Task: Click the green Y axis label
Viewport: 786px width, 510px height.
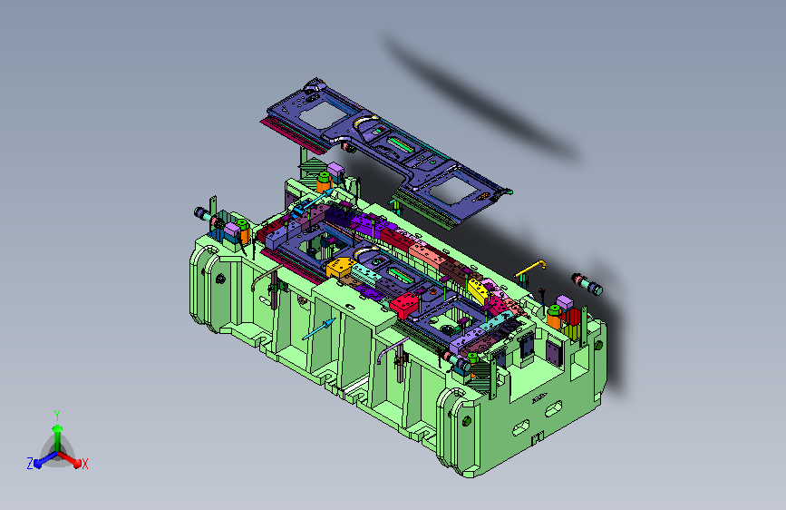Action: (57, 415)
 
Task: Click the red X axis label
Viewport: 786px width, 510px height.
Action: (84, 464)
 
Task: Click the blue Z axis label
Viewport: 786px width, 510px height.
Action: (30, 464)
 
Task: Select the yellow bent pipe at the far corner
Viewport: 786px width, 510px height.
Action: (529, 269)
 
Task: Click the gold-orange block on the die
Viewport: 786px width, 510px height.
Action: (340, 266)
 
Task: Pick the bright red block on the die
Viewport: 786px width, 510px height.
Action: (404, 305)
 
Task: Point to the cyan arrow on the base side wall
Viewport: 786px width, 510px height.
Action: (319, 329)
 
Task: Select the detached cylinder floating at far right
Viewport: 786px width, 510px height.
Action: (587, 284)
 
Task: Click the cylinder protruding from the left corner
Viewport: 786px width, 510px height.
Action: (205, 215)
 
